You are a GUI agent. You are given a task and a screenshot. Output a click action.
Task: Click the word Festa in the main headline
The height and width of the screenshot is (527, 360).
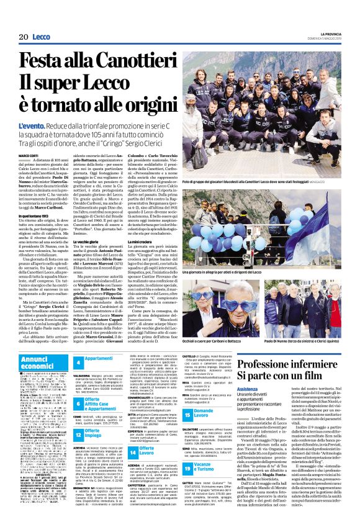(44, 61)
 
